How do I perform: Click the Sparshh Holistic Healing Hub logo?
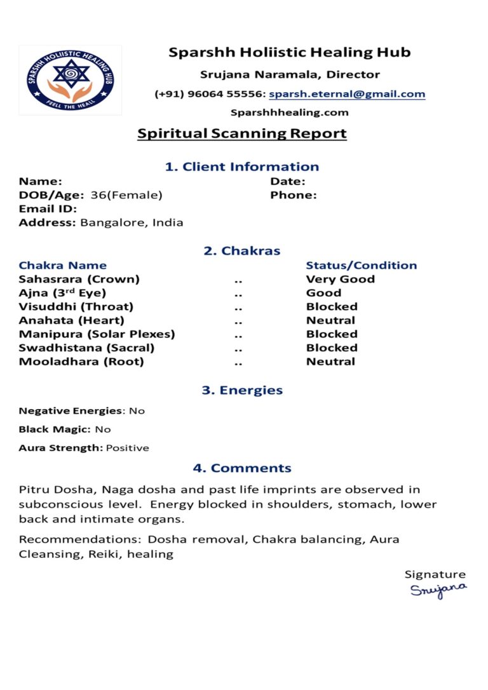[70, 79]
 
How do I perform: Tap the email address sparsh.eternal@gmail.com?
[347, 94]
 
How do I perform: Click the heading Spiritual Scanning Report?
[242, 133]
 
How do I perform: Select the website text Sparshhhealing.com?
[289, 112]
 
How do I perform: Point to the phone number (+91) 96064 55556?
[208, 94]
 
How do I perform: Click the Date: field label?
[288, 182]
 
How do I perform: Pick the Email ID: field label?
[48, 209]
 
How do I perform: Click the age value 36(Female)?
[126, 195]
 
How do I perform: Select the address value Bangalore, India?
[132, 222]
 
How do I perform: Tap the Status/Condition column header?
[361, 265]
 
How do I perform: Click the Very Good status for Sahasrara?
[340, 279]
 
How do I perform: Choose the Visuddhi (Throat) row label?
[76, 306]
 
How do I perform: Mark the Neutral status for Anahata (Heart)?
[330, 320]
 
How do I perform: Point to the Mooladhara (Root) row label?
[81, 362]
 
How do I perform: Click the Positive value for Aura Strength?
[127, 448]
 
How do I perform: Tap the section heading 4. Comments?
[242, 468]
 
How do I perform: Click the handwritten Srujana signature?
[438, 590]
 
